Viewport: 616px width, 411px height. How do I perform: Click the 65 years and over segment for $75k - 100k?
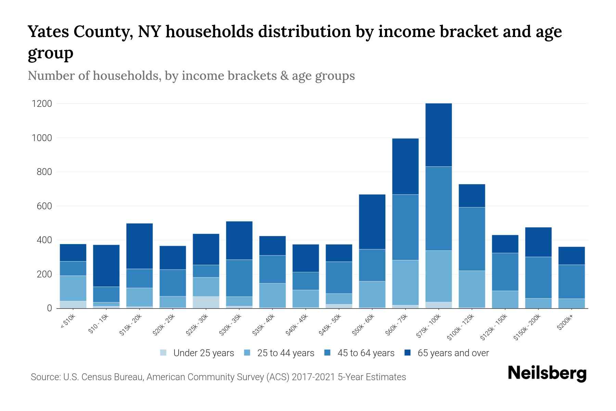point(438,135)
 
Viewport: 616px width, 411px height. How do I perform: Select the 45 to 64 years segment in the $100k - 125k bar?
point(472,239)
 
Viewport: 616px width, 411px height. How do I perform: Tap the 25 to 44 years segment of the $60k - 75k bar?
point(405,282)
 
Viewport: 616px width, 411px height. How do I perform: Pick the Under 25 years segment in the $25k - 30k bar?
point(206,302)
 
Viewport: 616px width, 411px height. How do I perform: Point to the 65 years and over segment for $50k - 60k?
point(372,222)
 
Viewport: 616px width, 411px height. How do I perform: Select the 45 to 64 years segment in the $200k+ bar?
point(571,282)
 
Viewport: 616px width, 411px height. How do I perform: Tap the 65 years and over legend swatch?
point(408,353)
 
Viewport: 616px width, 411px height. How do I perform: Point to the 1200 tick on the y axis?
point(42,104)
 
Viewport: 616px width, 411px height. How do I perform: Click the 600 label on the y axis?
point(44,206)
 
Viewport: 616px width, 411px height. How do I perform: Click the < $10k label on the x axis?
point(68,322)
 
